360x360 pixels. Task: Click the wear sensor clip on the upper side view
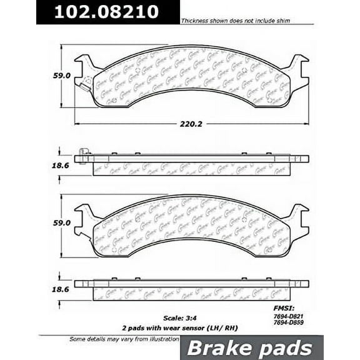tap(84, 152)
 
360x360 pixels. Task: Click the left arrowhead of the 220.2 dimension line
tap(77, 124)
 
